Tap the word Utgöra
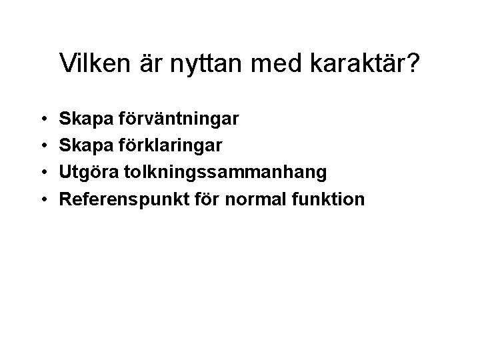click(84, 172)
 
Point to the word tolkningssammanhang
click(219, 172)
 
